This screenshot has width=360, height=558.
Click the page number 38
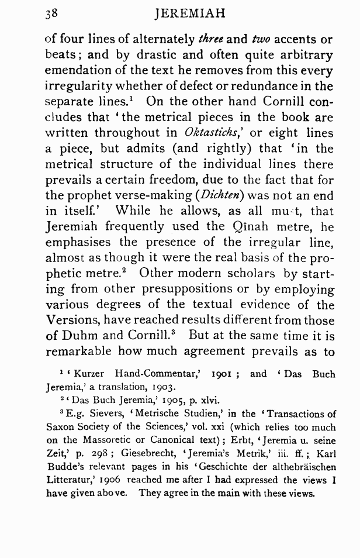(52, 13)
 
